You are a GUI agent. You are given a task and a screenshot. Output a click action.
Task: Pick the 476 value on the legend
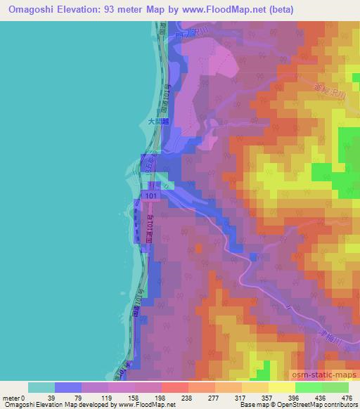click(x=345, y=398)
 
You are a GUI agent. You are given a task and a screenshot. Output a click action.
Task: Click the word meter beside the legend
click(x=12, y=398)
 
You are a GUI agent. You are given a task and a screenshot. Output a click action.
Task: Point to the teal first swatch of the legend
click(x=41, y=387)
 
